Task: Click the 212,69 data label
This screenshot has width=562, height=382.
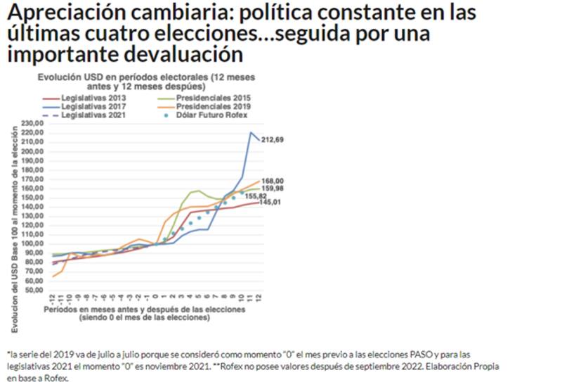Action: pos(273,140)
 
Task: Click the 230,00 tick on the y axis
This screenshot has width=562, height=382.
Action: pos(34,123)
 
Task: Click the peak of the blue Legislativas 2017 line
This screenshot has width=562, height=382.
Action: pos(251,132)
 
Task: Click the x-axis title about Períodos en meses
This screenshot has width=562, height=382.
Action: pos(143,313)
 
